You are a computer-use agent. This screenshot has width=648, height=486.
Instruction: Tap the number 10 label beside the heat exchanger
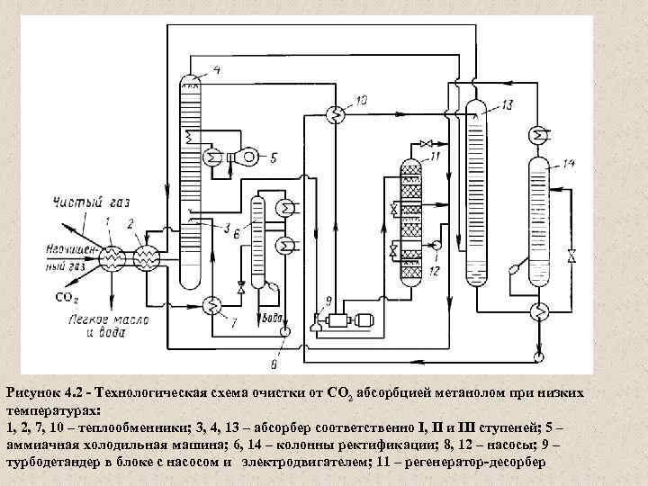(362, 102)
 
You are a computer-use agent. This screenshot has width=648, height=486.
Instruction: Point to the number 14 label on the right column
(567, 163)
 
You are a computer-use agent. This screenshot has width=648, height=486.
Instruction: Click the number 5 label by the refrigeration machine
(274, 157)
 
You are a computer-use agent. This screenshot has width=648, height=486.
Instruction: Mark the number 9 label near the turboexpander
(328, 300)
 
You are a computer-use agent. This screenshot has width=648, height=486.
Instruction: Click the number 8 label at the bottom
(274, 364)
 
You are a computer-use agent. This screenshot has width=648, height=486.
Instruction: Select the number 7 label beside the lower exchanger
(235, 321)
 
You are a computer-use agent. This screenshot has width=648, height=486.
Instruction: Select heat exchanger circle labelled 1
(112, 258)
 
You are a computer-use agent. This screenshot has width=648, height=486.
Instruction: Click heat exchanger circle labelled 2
(147, 258)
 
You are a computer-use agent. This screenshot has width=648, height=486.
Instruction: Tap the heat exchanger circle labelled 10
(332, 113)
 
